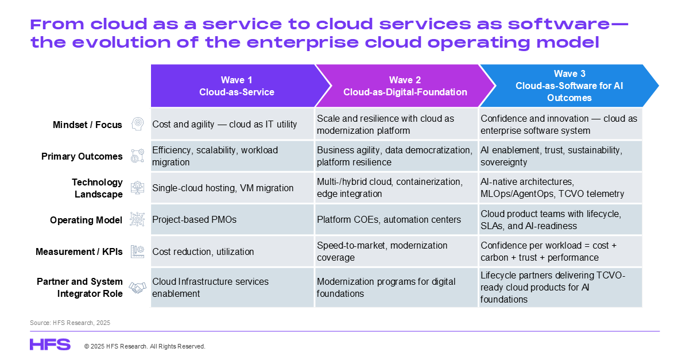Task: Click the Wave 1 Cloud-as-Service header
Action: click(x=237, y=86)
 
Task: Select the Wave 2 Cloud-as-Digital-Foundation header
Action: click(x=405, y=86)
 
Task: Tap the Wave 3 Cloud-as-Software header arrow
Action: click(x=569, y=86)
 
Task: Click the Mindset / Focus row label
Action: click(x=87, y=125)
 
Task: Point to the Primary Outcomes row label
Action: click(x=82, y=156)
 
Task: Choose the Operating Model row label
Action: click(x=86, y=220)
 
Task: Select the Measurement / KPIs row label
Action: click(x=79, y=251)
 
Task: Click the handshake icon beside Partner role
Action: click(x=137, y=288)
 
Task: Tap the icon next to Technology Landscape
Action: click(x=137, y=188)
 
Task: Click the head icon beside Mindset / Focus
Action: click(x=137, y=124)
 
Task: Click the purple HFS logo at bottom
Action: click(x=50, y=344)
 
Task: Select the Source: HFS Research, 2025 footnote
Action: click(x=70, y=323)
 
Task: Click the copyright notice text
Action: click(x=145, y=346)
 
